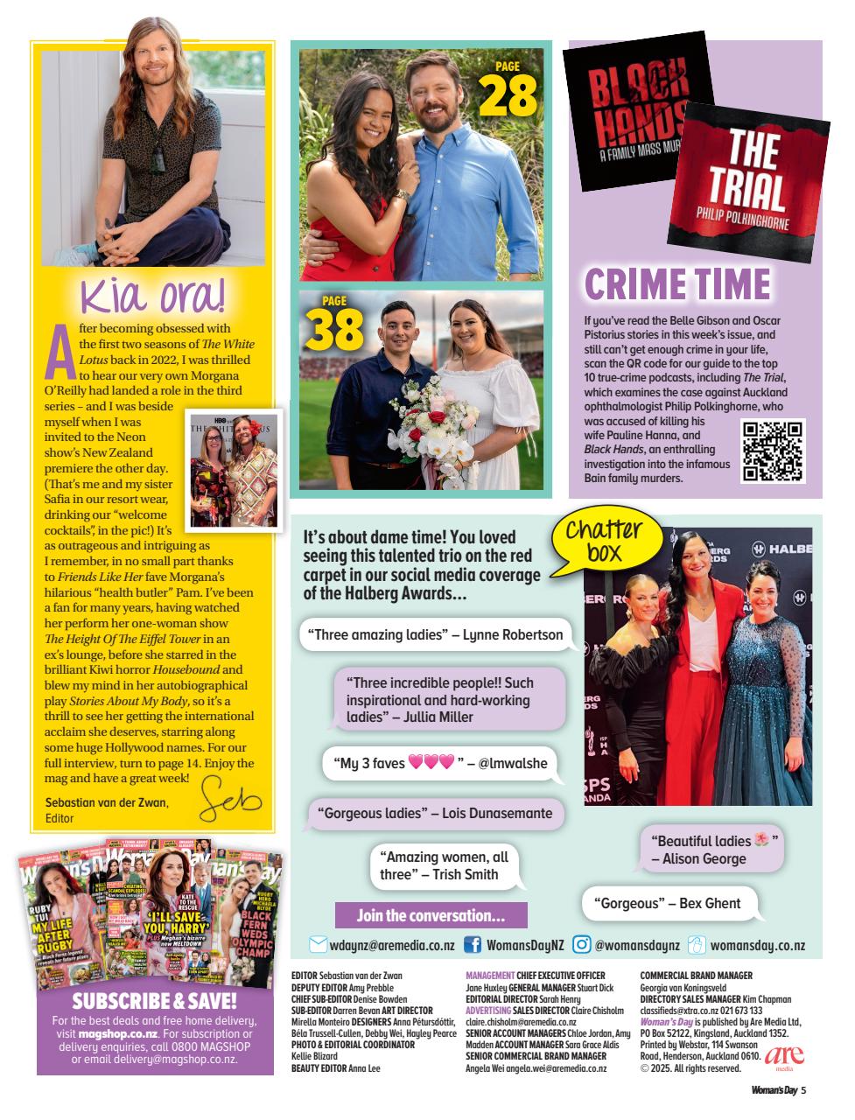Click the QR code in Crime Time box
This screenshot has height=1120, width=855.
pos(773,451)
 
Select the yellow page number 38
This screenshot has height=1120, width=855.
pos(334,327)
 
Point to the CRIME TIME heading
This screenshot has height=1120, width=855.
pos(677,284)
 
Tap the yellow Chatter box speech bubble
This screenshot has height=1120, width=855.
pos(604,542)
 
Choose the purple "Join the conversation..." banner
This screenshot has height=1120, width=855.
pos(431,916)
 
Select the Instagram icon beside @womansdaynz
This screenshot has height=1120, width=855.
pos(581,945)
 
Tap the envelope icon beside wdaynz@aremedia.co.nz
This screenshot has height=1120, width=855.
pos(318,945)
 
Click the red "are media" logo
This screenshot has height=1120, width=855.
pos(784,1056)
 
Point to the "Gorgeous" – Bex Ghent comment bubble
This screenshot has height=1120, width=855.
pos(667,903)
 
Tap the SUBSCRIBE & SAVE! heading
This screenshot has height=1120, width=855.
pos(154,1000)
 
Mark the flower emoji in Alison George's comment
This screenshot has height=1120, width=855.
pos(762,841)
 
